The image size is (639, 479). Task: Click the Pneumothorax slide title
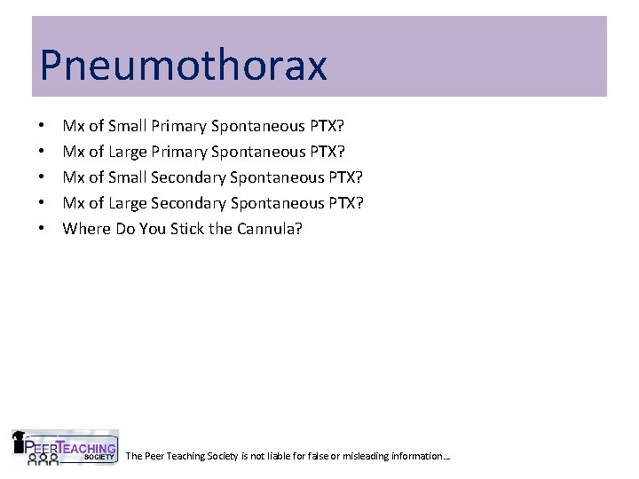click(x=183, y=66)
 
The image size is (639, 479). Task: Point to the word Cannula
click(x=271, y=228)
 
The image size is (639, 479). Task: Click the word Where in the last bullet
click(x=86, y=228)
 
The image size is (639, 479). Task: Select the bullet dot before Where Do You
click(x=43, y=229)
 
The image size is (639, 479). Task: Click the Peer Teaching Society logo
click(x=65, y=448)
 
